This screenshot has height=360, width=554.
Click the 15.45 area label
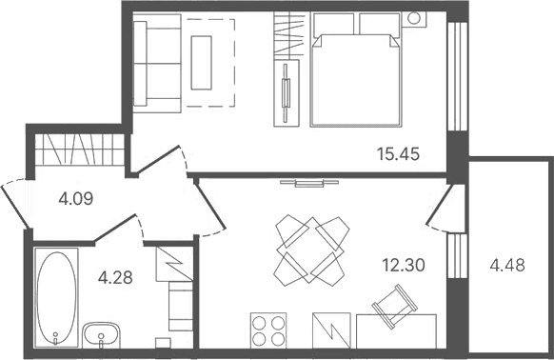[398, 154]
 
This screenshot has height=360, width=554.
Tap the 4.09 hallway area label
[76, 199]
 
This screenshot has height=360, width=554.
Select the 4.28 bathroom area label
[115, 277]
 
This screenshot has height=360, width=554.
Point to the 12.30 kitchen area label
[404, 265]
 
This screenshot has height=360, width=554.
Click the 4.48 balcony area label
[507, 265]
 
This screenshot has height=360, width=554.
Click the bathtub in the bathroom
[56, 298]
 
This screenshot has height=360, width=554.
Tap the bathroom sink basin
[101, 335]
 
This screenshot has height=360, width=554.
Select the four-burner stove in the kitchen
[268, 330]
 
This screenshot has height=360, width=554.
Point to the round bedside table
[414, 18]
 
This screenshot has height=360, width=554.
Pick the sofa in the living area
[157, 63]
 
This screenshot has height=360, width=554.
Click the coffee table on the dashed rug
[202, 63]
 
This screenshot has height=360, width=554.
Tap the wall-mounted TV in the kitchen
[309, 183]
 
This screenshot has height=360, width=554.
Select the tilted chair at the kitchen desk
[395, 307]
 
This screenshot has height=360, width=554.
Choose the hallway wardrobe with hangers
[80, 150]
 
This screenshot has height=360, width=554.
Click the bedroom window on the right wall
[458, 77]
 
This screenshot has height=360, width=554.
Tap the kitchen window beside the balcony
[458, 255]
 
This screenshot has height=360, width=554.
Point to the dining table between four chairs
[310, 250]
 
